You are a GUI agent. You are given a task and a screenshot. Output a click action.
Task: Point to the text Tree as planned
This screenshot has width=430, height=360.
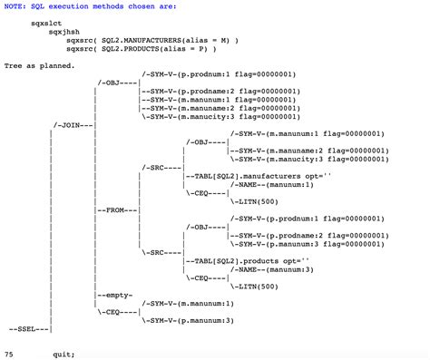coord(40,66)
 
